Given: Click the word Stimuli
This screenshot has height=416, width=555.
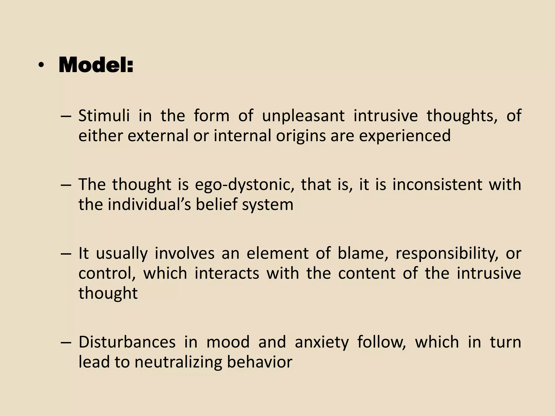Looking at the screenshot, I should pos(104,116).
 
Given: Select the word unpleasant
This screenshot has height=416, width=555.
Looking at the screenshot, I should pos(303,116).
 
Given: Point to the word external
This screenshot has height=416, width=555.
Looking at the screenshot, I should pos(158,136).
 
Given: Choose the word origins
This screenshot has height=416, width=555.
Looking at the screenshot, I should pos(301,136).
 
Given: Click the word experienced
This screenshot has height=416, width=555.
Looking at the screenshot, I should pos(405,136).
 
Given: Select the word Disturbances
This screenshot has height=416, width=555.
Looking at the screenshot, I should pos(127,342).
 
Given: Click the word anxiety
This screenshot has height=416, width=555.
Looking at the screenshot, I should pos(322,342).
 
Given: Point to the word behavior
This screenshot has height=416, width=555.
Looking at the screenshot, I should pos(260,362).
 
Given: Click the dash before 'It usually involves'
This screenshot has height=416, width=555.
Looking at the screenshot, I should pos(66,254).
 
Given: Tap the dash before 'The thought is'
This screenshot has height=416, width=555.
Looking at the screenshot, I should pos(66,185).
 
